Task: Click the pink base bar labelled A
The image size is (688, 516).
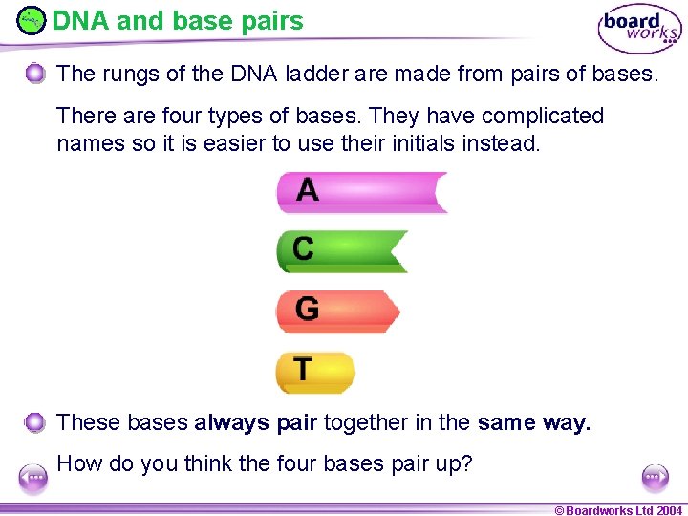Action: click(x=361, y=192)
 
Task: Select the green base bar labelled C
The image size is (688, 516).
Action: click(x=342, y=250)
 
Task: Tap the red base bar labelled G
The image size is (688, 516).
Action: click(x=337, y=311)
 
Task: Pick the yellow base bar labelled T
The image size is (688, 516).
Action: click(x=314, y=372)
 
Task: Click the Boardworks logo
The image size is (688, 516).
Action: click(x=639, y=30)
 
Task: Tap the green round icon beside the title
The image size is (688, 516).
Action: click(x=32, y=20)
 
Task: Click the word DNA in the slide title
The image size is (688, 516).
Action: click(x=79, y=20)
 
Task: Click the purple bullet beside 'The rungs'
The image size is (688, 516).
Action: click(x=35, y=74)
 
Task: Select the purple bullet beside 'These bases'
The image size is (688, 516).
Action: click(x=35, y=422)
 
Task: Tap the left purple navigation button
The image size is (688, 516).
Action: click(x=33, y=477)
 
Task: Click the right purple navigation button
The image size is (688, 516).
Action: click(x=655, y=476)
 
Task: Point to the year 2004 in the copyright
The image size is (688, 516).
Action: click(x=669, y=509)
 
